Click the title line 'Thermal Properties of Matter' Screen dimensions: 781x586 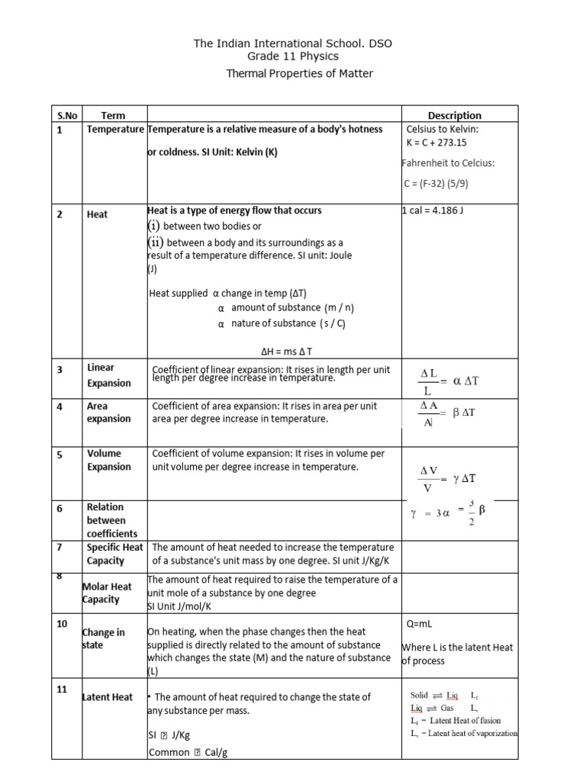[x=299, y=73]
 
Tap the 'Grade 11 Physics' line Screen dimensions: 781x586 [x=293, y=56]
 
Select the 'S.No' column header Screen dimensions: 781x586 [x=68, y=115]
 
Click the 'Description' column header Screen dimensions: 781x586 [x=454, y=115]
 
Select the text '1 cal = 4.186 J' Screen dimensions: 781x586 [x=433, y=210]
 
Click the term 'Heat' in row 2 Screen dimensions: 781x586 [x=97, y=214]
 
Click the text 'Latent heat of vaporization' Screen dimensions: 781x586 [x=473, y=733]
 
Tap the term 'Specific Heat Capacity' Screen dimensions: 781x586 [x=114, y=554]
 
